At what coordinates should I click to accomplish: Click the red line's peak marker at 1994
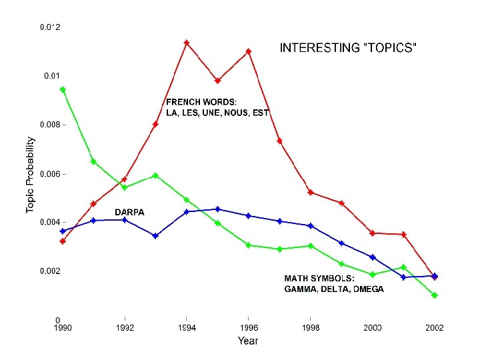(x=187, y=43)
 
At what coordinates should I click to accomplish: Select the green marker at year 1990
(x=63, y=89)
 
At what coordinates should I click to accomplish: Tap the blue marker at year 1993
(x=155, y=236)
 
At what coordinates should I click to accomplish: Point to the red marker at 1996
(x=249, y=51)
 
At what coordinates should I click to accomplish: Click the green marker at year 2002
(x=435, y=295)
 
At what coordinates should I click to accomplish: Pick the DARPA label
(x=129, y=212)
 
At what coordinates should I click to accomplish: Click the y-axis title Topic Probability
(x=31, y=175)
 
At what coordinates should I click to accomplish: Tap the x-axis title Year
(x=248, y=341)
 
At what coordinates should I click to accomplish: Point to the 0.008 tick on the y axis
(x=53, y=125)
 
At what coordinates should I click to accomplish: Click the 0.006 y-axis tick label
(x=53, y=174)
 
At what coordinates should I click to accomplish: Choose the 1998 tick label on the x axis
(x=311, y=328)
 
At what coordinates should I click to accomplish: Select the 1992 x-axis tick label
(x=125, y=328)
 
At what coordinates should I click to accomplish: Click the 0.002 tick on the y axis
(x=53, y=271)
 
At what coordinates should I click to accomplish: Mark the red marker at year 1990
(x=63, y=241)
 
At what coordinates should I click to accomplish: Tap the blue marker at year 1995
(x=217, y=209)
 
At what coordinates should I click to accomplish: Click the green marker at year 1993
(x=155, y=175)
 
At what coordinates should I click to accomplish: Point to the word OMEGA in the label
(x=369, y=289)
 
